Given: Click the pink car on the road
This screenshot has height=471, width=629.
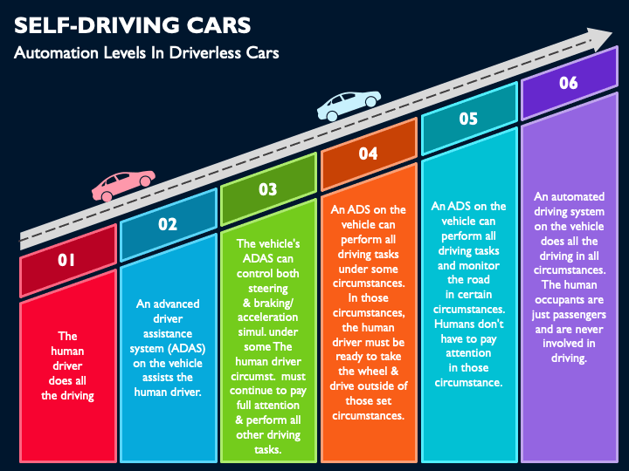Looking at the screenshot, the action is pos(123,186).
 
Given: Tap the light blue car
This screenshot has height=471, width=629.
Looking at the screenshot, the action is pos(349,106).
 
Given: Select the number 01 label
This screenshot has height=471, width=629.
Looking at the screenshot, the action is pos(66,260).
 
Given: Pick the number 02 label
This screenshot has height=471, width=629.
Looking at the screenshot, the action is pos(167,224).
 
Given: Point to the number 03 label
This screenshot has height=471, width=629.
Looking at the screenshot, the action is pos(267,189).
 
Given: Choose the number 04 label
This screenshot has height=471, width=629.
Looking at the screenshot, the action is pos(368,154).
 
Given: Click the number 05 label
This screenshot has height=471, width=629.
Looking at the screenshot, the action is pos(468,119).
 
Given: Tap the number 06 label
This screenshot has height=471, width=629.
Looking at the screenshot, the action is pos(569,84).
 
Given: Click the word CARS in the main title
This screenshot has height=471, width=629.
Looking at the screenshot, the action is pos(218,25).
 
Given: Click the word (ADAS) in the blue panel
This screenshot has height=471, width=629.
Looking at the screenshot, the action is pos(187,348).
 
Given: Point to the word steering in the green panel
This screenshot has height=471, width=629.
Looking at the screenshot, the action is pos(267,289).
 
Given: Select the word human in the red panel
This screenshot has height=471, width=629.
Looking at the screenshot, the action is pos(67,352).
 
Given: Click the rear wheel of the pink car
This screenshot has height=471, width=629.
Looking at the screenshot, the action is pos(107,196).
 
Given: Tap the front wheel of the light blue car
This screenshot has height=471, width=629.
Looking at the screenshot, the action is pos(371,101).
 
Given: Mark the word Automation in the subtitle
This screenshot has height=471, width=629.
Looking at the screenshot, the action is pos(56,53).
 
